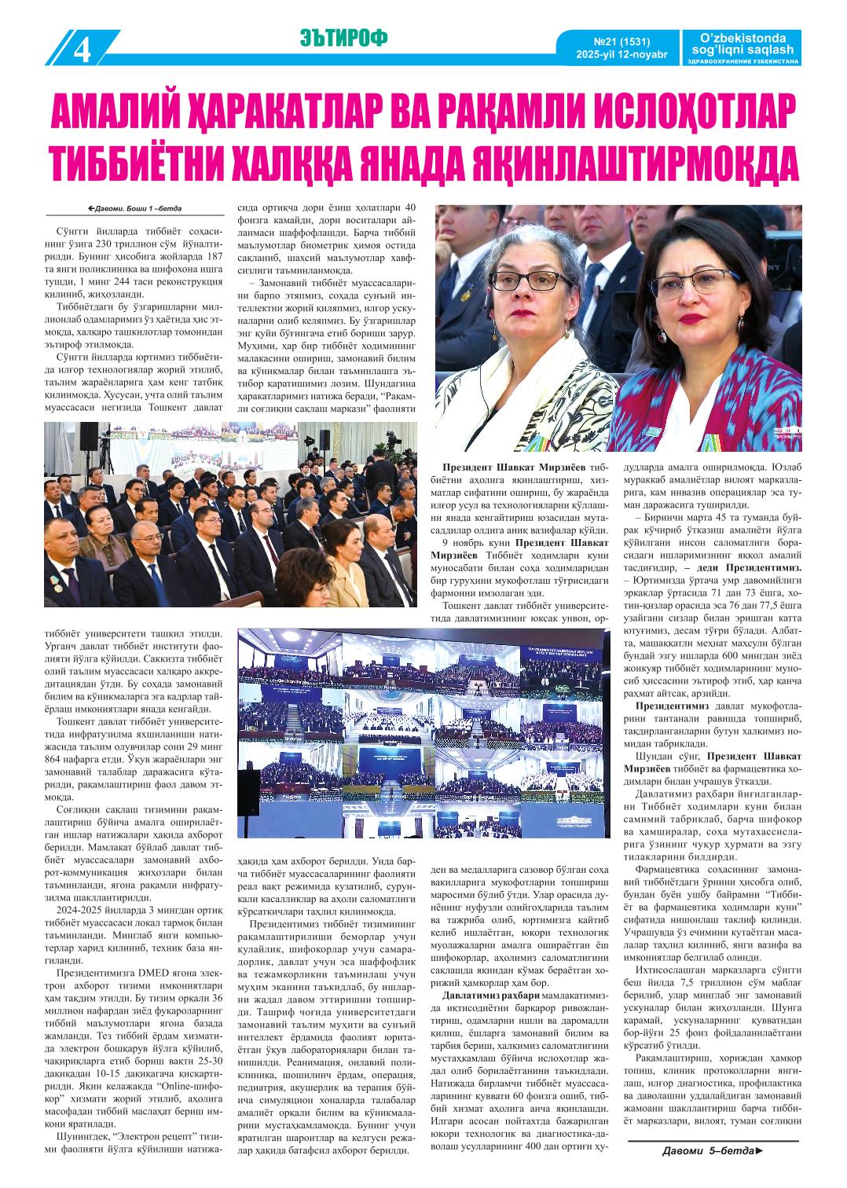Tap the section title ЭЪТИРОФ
[x=343, y=37]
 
